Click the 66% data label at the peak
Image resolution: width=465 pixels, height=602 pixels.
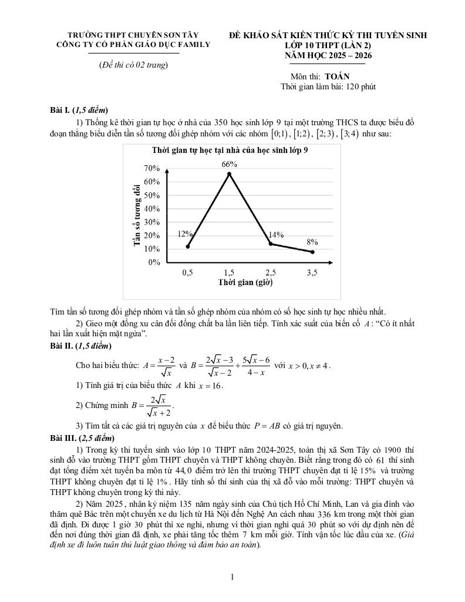(x=229, y=164)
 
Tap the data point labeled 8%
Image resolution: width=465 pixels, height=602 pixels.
(x=312, y=252)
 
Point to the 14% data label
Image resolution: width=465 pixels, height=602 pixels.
(x=276, y=235)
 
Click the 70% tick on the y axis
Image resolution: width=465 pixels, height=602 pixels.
(x=152, y=169)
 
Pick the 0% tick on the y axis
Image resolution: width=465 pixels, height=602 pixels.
(x=154, y=262)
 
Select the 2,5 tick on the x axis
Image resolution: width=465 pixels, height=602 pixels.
(x=271, y=273)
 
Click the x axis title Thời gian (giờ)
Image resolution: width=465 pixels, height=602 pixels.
(x=245, y=282)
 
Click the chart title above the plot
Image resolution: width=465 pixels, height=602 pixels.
(x=230, y=150)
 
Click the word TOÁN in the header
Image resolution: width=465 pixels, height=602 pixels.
(x=336, y=76)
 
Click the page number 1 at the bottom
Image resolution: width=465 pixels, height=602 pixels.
(x=232, y=577)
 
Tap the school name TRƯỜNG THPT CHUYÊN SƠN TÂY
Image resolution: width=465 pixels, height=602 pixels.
(x=133, y=35)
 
